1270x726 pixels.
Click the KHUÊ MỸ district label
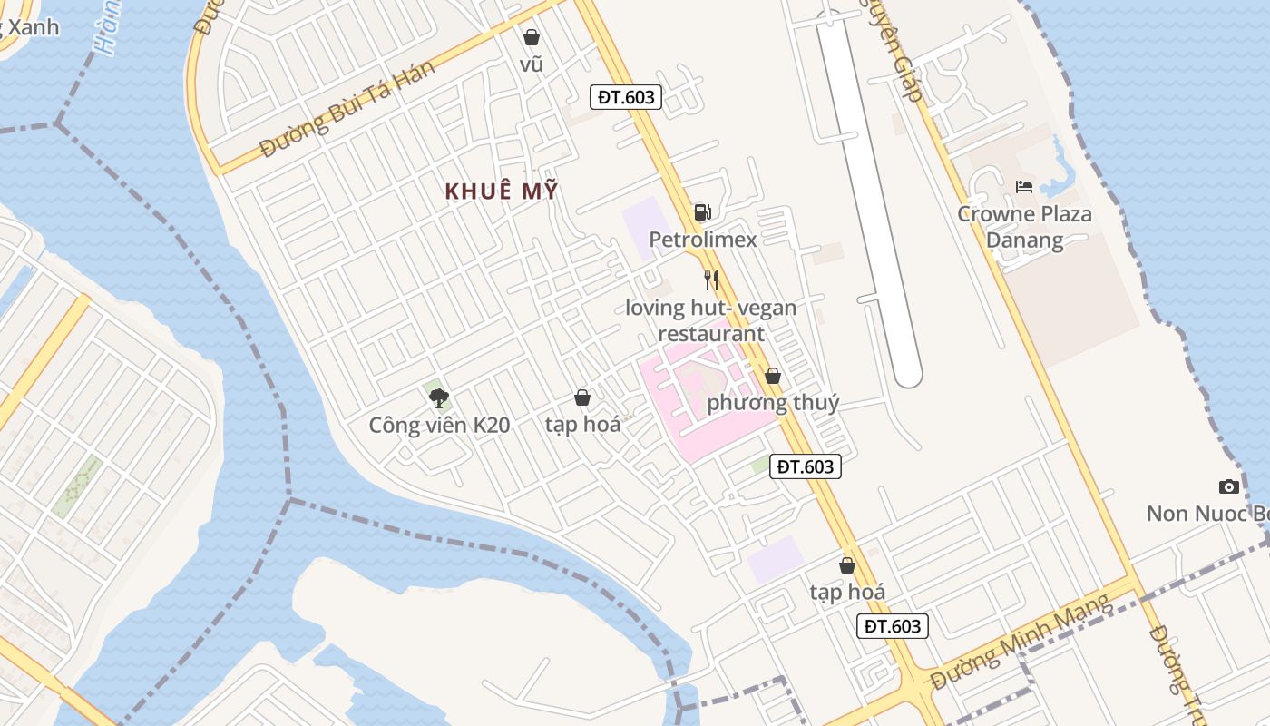[502, 191]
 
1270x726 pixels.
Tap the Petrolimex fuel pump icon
[702, 212]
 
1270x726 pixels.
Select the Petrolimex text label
[702, 240]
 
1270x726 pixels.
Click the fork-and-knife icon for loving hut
[711, 280]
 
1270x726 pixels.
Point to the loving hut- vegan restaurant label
[711, 320]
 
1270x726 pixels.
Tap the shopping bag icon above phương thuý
[773, 376]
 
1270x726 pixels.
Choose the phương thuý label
[773, 403]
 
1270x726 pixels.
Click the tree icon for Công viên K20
[439, 397]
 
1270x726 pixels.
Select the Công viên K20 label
[439, 425]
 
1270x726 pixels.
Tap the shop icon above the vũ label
[532, 37]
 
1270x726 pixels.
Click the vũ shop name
[532, 64]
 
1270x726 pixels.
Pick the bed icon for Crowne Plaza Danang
[1024, 187]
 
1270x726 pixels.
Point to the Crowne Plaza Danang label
[1025, 227]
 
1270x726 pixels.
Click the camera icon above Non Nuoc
[1229, 486]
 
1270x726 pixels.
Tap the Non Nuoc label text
[1206, 514]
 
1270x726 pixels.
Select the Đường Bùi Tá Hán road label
[347, 110]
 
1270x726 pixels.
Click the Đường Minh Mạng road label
[1020, 642]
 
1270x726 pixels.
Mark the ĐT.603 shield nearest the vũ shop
[626, 97]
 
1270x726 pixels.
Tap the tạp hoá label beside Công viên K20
[582, 425]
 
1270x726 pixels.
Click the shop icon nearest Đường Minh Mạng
[847, 565]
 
